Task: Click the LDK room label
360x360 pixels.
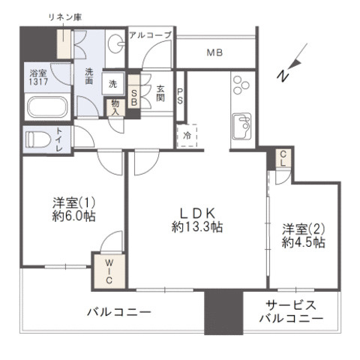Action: click(x=196, y=211)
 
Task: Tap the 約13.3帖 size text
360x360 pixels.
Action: click(x=196, y=226)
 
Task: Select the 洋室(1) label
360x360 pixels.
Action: click(x=73, y=203)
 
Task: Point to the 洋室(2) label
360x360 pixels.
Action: click(x=303, y=229)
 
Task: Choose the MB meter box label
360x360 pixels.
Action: click(x=215, y=52)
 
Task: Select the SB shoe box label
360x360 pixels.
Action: click(x=133, y=94)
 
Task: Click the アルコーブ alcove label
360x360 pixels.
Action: click(x=150, y=35)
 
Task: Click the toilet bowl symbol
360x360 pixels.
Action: click(x=39, y=139)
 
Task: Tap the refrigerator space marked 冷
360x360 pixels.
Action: click(x=187, y=136)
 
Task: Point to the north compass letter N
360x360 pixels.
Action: click(x=283, y=76)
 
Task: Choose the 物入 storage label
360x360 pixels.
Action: click(x=115, y=106)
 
